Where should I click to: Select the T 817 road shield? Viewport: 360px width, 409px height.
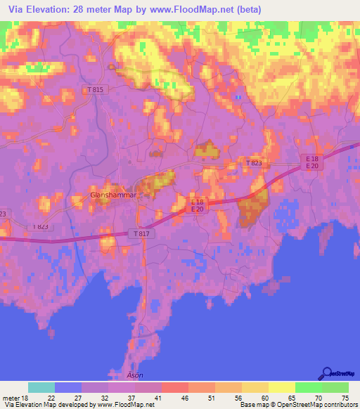point(140,233)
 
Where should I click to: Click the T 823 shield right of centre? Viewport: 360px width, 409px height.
point(257,163)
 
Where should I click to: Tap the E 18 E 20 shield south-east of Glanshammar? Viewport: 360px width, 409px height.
point(198,205)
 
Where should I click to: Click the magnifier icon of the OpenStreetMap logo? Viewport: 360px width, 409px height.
point(326,373)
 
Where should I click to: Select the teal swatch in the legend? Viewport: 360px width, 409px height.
point(41,387)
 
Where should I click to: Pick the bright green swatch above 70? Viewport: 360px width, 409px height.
point(309,387)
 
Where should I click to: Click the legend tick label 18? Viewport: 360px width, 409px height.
point(27,398)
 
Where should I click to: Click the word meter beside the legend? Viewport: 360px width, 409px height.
point(12,398)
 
